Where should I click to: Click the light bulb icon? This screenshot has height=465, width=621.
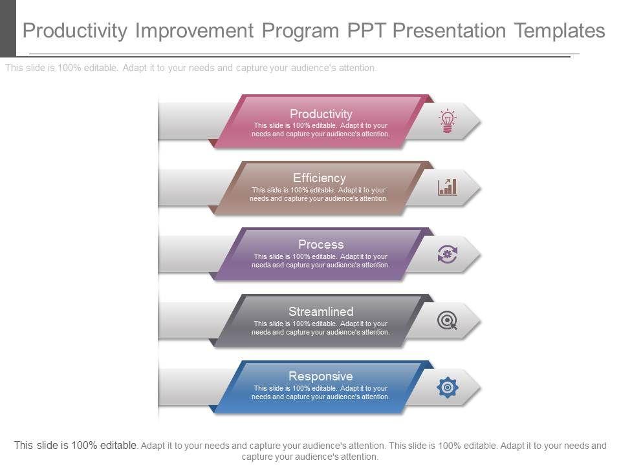pos(447,121)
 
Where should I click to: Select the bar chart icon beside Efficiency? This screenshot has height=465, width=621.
pos(447,187)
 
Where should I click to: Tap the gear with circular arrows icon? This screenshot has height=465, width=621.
pos(447,254)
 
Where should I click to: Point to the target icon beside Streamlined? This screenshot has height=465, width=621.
pos(447,320)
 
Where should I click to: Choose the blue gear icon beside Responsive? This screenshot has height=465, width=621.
pos(448,387)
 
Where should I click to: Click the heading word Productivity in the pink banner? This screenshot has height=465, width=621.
pos(321,114)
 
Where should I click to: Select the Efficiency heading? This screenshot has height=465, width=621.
pos(320,178)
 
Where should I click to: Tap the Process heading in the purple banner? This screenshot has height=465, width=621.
pos(321,244)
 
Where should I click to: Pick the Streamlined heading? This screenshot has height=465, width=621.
pos(321,311)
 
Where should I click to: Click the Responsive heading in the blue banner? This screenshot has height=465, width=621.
pos(321,376)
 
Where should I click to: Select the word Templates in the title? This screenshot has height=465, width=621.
pos(560,30)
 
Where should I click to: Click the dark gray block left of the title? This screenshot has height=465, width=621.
pos(8,28)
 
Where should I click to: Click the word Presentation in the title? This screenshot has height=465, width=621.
pos(450,30)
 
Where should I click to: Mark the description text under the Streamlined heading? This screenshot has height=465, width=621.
pos(321,328)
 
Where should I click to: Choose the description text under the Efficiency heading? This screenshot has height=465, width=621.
pos(319,194)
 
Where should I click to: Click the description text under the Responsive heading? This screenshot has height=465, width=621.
pos(321,392)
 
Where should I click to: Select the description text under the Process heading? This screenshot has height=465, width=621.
pos(321,260)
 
